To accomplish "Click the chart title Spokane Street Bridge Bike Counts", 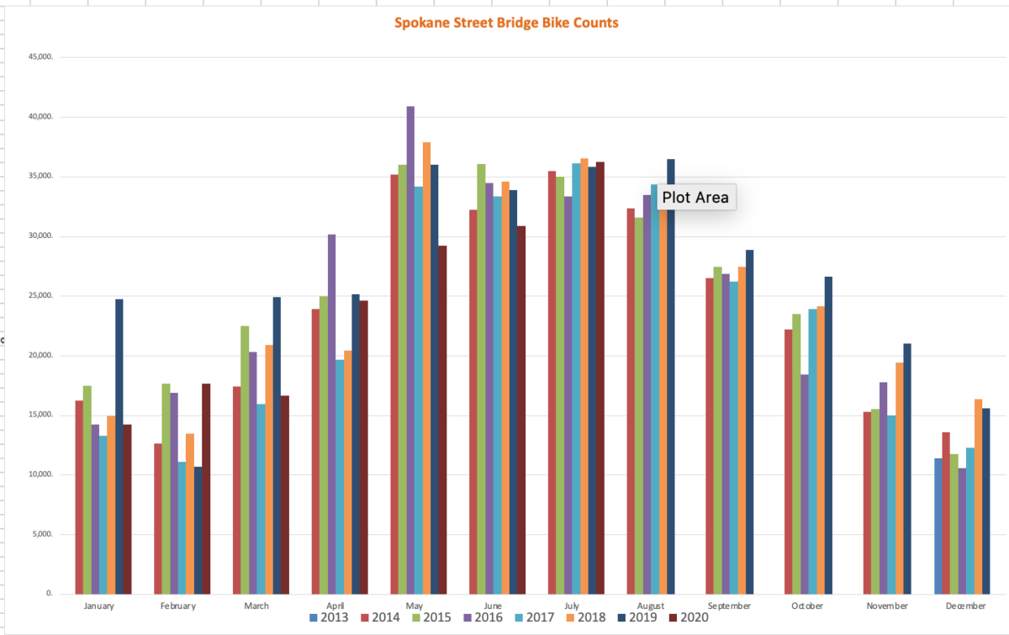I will (506, 23).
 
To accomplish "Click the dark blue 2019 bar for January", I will (119, 446).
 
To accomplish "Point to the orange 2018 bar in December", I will (978, 496).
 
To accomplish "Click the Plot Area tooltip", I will (695, 198).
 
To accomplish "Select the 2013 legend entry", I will (330, 618).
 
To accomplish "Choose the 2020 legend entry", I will (687, 618).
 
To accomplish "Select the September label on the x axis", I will (729, 606).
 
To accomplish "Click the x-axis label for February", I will (177, 606).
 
